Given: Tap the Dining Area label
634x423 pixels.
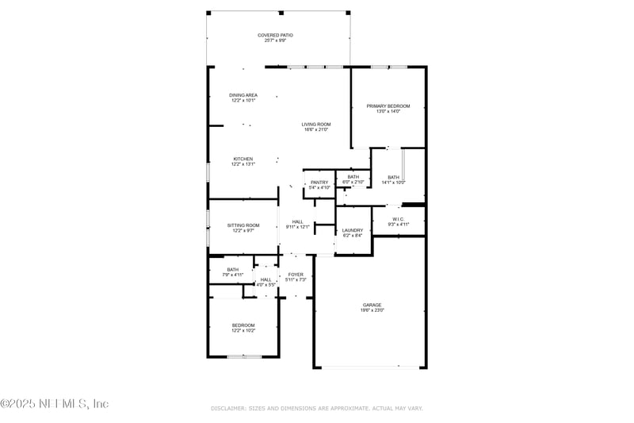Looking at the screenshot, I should click(x=243, y=98).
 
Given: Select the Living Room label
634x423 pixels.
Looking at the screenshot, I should click(x=316, y=127).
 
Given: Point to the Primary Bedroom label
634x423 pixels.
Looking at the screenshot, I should click(x=388, y=109).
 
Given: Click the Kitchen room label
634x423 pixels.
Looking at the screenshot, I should click(x=243, y=161).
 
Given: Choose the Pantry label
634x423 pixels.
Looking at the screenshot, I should click(x=319, y=185).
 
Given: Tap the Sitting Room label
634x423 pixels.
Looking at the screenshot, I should click(x=243, y=228).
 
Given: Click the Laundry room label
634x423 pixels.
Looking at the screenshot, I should click(x=353, y=233).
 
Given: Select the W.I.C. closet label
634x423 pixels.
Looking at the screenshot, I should click(x=399, y=221).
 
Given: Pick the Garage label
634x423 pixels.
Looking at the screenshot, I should click(x=372, y=307).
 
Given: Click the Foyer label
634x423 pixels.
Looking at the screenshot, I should click(x=296, y=277).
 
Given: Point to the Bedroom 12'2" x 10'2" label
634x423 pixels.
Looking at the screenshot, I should click(x=243, y=328).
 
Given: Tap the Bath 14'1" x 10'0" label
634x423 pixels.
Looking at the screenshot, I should click(x=394, y=179).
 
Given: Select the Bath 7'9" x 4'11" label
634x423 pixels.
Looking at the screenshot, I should click(x=233, y=272).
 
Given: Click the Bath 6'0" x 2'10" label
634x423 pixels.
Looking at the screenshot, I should click(x=353, y=179).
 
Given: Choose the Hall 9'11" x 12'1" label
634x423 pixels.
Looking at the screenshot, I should click(x=297, y=225).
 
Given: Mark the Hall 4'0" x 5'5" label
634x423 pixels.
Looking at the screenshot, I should click(x=266, y=282).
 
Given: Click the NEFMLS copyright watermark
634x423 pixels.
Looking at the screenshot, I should click(x=55, y=404).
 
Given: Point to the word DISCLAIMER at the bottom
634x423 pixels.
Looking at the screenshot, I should click(x=228, y=408).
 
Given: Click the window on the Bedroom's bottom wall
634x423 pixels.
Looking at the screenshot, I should click(x=244, y=356).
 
